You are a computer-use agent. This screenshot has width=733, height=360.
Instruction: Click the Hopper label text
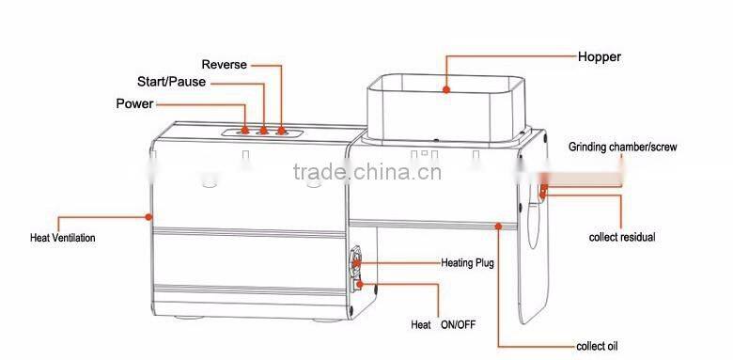(x=600, y=57)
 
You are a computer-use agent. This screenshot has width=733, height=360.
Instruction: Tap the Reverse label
(x=226, y=65)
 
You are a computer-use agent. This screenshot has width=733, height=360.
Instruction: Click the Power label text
(x=134, y=102)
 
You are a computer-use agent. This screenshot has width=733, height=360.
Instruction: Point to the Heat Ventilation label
(x=63, y=238)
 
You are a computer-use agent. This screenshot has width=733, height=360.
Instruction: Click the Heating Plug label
(x=467, y=263)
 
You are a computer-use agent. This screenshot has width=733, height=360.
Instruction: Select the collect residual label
(x=621, y=237)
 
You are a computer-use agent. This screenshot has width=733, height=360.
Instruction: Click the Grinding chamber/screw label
(x=622, y=148)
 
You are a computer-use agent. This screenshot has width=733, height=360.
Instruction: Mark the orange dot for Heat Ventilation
(x=148, y=217)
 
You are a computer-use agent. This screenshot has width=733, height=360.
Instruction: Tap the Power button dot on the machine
(x=246, y=131)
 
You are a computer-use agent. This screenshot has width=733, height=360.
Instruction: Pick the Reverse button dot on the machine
(x=281, y=131)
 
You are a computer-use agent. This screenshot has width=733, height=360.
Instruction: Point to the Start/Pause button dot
(x=263, y=131)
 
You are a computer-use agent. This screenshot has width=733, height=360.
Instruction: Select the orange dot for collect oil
(x=498, y=227)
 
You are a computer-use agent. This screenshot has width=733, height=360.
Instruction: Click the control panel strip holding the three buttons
(x=263, y=133)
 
